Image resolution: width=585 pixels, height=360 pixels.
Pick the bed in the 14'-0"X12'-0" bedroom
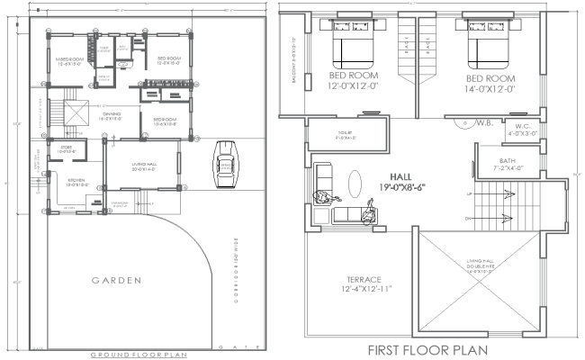coord(487,42)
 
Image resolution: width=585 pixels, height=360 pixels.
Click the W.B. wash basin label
coord(482,123)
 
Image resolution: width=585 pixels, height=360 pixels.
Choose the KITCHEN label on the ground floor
coord(76,182)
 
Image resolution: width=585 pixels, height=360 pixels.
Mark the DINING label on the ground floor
coord(112,114)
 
